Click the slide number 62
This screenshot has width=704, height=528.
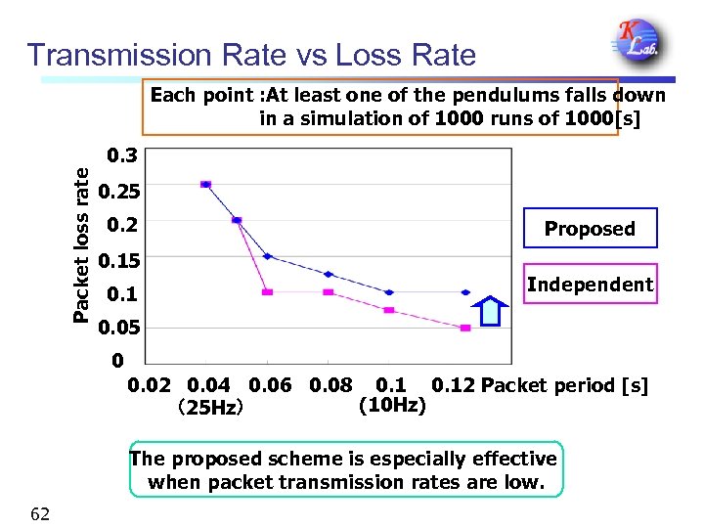tap(40, 514)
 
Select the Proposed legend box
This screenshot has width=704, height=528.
tap(590, 229)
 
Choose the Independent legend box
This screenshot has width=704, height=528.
tap(590, 285)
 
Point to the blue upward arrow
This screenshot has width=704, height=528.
tap(491, 311)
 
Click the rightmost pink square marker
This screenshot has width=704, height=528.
tap(465, 328)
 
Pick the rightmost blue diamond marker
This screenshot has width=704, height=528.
tap(465, 292)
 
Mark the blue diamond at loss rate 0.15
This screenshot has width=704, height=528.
tap(268, 256)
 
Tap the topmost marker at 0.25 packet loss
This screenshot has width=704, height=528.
tap(205, 184)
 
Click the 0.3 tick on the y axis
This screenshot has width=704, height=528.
tap(122, 155)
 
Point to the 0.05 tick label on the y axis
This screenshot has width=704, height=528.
tap(118, 329)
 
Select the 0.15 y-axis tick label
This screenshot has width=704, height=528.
tap(118, 260)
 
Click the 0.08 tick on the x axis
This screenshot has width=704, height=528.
tap(330, 385)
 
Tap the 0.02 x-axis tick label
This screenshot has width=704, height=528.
tap(150, 385)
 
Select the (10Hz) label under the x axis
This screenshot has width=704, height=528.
tap(392, 405)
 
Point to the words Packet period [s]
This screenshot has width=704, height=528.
tap(564, 385)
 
